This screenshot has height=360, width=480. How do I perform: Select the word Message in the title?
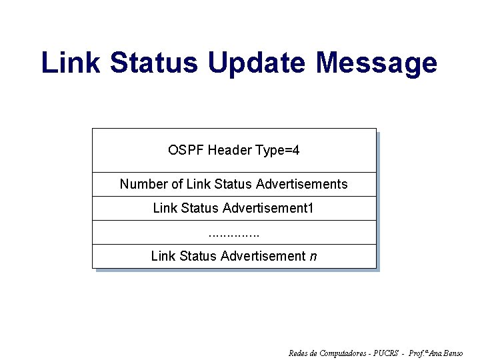(x=377, y=63)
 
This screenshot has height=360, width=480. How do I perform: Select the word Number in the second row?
(x=141, y=184)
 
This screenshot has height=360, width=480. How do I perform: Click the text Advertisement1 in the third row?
(x=268, y=208)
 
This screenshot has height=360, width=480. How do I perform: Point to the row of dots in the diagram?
(x=233, y=233)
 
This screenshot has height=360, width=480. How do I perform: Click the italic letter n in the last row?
(x=313, y=256)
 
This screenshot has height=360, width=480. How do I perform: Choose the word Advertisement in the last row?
(x=263, y=256)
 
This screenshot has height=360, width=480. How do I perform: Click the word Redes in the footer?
(x=297, y=353)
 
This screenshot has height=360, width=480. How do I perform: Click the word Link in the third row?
(x=165, y=208)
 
